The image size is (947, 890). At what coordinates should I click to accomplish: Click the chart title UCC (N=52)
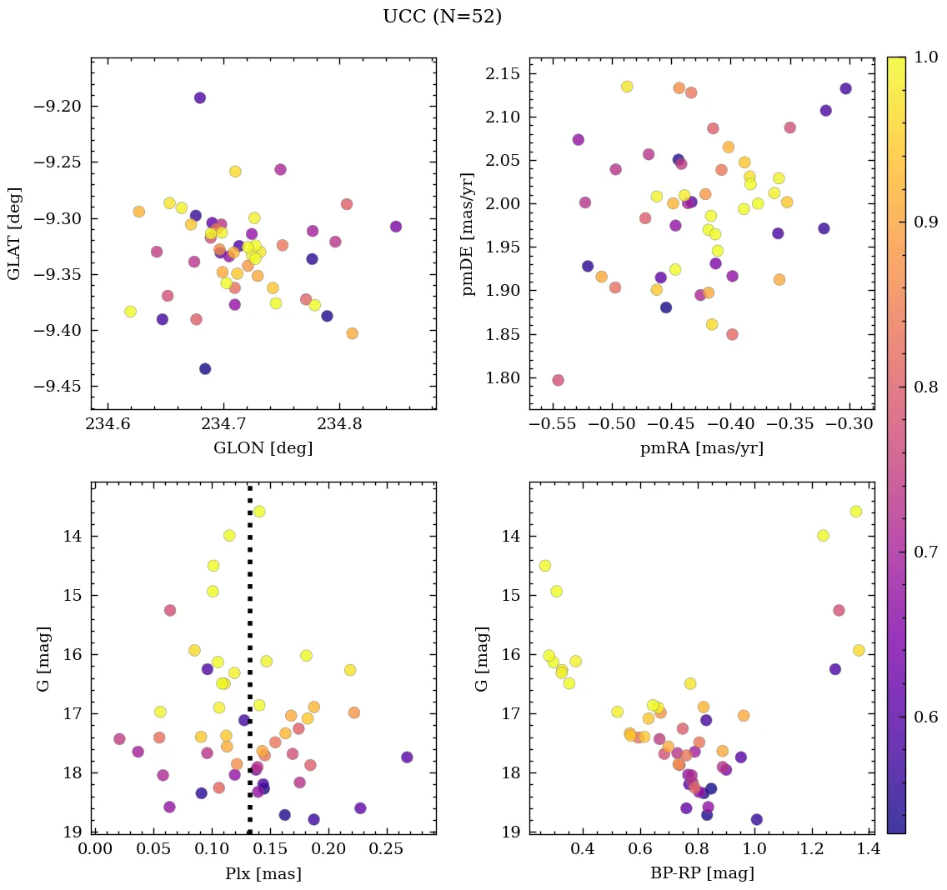point(442,17)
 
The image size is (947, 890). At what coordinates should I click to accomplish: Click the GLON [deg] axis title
point(263,448)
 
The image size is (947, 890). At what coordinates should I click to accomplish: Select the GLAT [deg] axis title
point(14,233)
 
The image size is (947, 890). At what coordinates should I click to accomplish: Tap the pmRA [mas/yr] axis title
point(701,448)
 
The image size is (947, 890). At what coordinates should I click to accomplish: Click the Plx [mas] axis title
point(263,874)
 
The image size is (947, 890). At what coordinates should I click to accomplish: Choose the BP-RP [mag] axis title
point(701,874)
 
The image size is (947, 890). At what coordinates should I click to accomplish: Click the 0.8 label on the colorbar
point(925,387)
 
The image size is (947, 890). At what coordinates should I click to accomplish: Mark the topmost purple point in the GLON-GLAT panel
point(200,97)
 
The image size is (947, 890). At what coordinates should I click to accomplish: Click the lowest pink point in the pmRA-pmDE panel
point(558,380)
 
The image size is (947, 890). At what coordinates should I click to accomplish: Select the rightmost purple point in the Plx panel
point(407,757)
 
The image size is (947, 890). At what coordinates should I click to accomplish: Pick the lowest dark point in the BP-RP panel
point(756,819)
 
